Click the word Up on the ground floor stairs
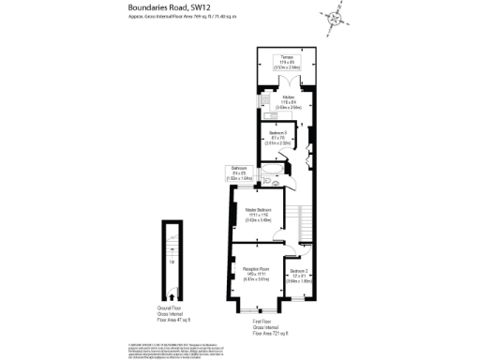point(170,262)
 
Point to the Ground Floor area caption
point(170,313)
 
